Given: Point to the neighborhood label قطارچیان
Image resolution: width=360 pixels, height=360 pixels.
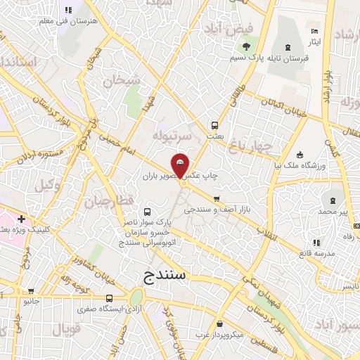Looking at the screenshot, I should [x=109, y=202].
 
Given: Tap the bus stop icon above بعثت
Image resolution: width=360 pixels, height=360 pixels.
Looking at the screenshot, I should [x=213, y=126].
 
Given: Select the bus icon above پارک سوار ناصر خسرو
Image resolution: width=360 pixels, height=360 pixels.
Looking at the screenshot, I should [x=147, y=211].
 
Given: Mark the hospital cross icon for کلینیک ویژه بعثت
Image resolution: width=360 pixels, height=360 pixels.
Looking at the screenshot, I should [x=22, y=219].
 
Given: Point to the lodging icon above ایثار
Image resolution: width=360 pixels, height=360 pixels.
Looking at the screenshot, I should [x=314, y=31].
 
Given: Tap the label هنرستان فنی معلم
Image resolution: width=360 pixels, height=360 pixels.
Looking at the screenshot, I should [x=68, y=21].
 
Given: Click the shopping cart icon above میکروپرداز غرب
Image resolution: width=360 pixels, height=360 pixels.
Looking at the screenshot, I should [x=221, y=324].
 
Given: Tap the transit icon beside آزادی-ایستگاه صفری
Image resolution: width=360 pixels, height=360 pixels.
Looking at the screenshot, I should [x=89, y=300].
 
